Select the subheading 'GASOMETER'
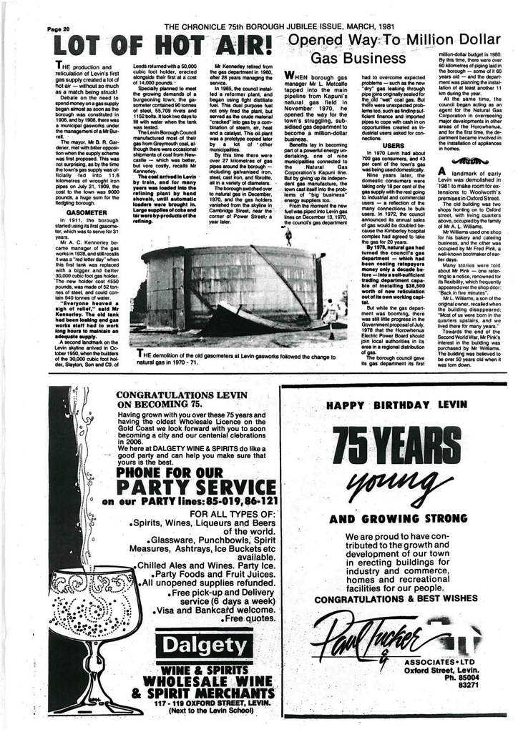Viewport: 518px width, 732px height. point(85,212)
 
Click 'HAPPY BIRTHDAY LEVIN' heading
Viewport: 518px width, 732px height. point(396,405)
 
